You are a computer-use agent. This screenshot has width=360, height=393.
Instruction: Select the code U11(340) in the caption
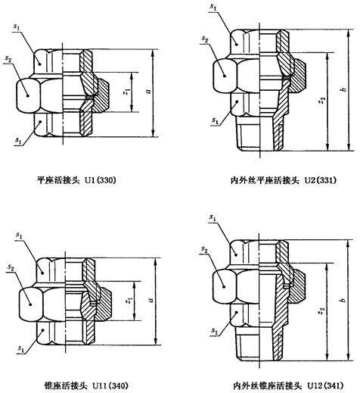tap(110, 386)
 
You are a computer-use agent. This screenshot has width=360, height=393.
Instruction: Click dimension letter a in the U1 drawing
tap(149, 91)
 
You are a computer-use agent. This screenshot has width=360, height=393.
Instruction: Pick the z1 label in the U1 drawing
tap(126, 92)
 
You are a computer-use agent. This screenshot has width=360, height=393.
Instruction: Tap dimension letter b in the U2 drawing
tap(343, 89)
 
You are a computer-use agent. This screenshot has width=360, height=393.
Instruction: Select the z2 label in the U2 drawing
tap(322, 100)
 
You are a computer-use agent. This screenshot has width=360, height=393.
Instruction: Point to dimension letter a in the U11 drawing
tap(151, 300)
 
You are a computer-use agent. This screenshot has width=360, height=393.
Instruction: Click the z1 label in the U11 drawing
tap(129, 301)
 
